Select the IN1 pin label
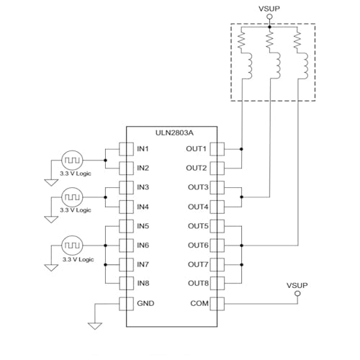coord(143,149)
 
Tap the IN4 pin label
coord(143,207)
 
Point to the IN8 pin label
coord(143,284)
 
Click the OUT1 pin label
coord(197,149)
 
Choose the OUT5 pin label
coord(197,226)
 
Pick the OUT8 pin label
coord(197,284)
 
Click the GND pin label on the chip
coord(145,303)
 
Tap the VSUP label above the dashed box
coord(269,9)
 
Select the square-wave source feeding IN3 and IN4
coord(73,197)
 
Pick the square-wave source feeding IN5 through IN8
coord(73,245)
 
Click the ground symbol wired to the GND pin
coord(95,325)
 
